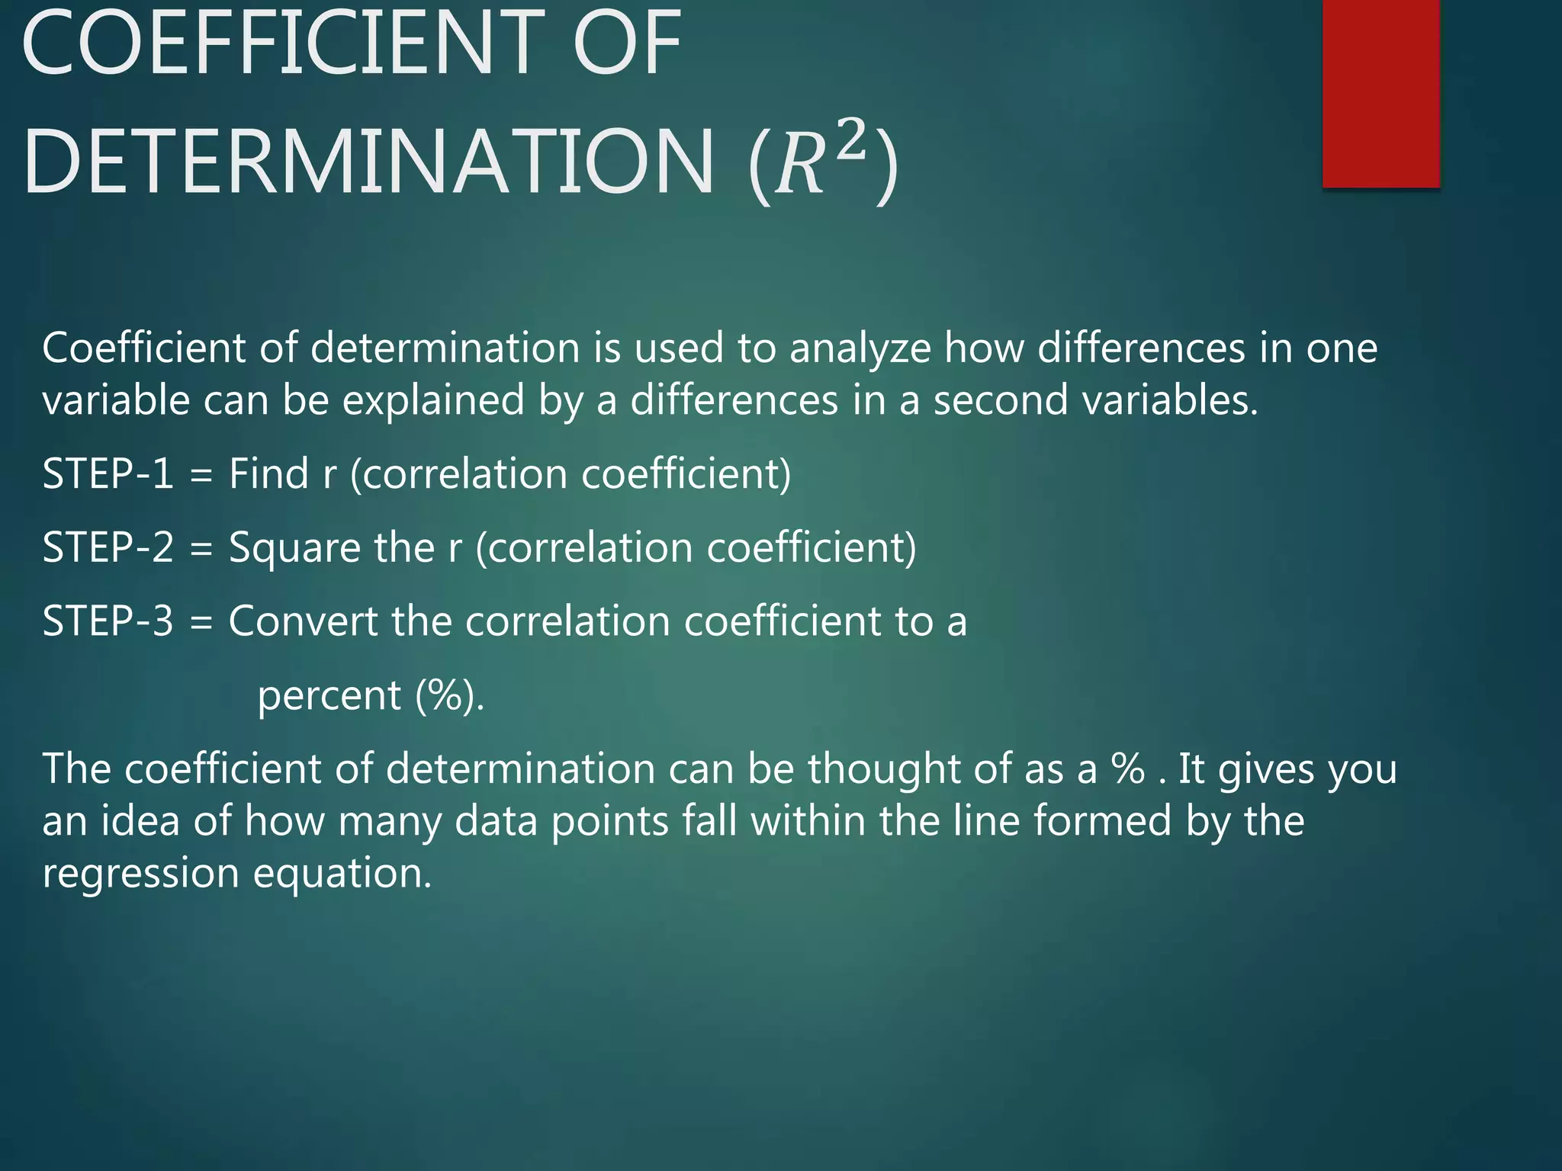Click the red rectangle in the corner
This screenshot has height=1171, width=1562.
pyautogui.click(x=1380, y=93)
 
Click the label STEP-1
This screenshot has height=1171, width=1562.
pyautogui.click(x=108, y=473)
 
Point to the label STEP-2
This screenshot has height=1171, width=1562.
pyautogui.click(x=108, y=547)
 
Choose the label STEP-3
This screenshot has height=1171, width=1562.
pyautogui.click(x=108, y=621)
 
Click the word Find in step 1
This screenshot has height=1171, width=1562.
pyautogui.click(x=268, y=473)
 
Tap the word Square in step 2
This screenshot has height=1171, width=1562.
pyautogui.click(x=294, y=548)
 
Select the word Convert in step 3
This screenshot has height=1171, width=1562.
pyautogui.click(x=303, y=621)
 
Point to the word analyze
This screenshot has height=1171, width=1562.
pyautogui.click(x=860, y=350)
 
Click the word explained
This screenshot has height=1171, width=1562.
pyautogui.click(x=433, y=401)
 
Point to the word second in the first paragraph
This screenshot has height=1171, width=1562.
pyautogui.click(x=1001, y=400)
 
